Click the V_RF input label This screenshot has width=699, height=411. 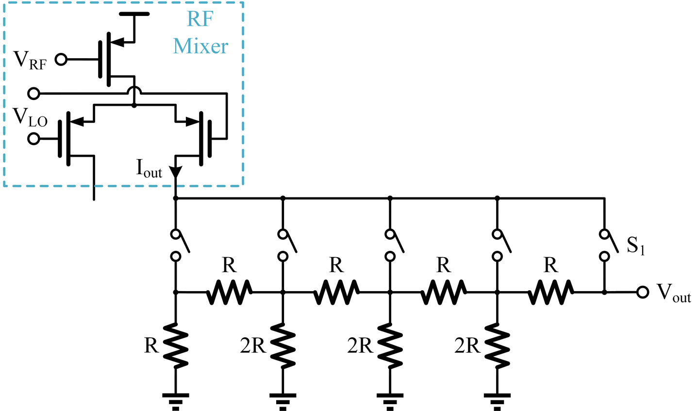pos(30,60)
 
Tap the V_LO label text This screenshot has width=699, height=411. pos(30,117)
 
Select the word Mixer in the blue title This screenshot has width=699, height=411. pos(200,46)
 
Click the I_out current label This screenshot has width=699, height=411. pos(149,169)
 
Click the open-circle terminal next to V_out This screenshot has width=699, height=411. pos(643,293)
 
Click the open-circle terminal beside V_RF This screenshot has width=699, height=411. pos(61,59)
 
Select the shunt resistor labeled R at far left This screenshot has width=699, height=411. pos(175,346)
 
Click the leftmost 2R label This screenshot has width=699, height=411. pos(252,345)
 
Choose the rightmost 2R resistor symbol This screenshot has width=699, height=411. pos(497,346)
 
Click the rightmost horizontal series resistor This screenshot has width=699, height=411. pos(550,292)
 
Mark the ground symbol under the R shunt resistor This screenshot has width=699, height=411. pos(175,401)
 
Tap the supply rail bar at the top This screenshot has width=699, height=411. pos(134,14)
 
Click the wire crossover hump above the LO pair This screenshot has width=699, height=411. pos(134,90)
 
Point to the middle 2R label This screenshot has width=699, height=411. pos(360,345)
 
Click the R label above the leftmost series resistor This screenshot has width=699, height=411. pos(229,265)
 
